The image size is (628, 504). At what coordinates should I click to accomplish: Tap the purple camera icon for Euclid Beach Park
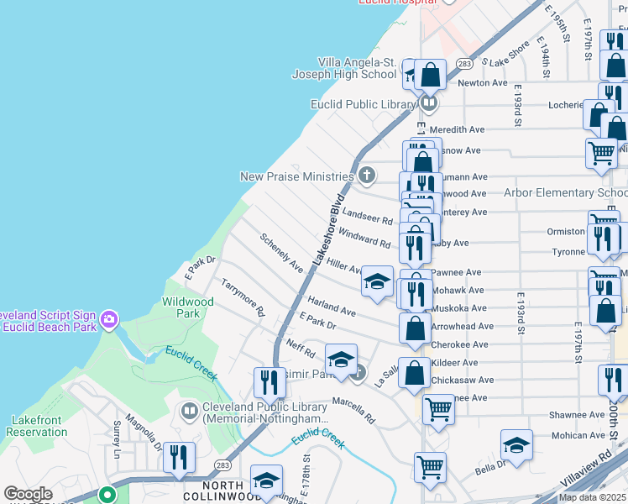[108, 319]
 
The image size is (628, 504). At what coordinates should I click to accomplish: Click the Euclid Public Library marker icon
[429, 104]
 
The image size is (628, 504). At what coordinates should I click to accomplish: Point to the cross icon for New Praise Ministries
[366, 176]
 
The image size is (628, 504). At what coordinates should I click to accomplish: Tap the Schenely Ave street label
[281, 253]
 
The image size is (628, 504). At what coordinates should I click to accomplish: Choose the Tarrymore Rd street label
[243, 298]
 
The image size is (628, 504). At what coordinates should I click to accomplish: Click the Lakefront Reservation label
[37, 426]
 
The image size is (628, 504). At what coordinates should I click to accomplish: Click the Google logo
[28, 494]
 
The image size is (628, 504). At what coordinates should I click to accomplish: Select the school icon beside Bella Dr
[516, 445]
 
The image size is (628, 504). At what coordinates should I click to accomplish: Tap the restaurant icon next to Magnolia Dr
[179, 458]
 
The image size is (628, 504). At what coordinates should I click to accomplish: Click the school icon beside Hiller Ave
[378, 281]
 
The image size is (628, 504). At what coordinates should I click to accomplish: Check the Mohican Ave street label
[579, 436]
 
